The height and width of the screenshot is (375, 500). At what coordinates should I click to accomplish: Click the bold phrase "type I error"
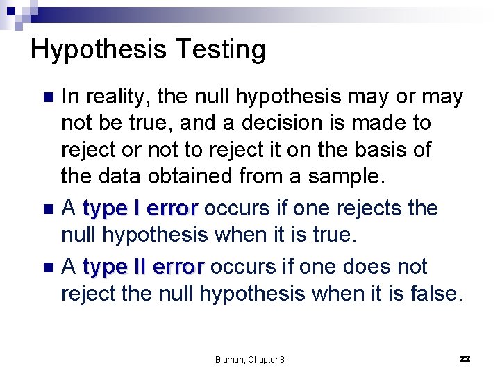pyautogui.click(x=140, y=208)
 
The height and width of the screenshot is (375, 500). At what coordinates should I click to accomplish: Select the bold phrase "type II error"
pyautogui.click(x=143, y=266)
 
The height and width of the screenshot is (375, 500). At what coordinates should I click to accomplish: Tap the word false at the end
pyautogui.click(x=431, y=294)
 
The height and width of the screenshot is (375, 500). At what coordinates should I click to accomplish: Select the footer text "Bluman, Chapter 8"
pyautogui.click(x=250, y=359)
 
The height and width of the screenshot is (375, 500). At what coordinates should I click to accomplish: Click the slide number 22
pyautogui.click(x=465, y=358)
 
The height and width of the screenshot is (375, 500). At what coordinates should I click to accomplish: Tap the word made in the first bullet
pyautogui.click(x=380, y=123)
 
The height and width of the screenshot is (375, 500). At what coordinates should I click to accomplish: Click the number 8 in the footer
pyautogui.click(x=281, y=359)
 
